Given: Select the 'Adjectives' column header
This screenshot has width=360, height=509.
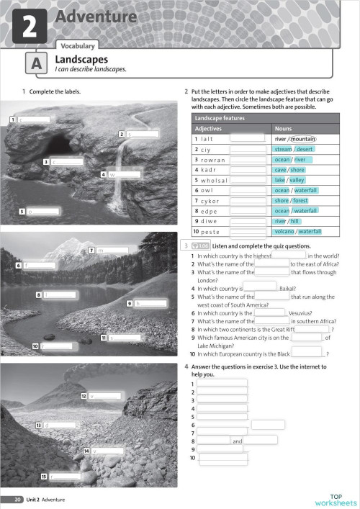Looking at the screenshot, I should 209,128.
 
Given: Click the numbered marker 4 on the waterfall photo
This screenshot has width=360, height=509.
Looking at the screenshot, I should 104,174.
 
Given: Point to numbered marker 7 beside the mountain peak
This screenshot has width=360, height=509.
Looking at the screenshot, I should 91,250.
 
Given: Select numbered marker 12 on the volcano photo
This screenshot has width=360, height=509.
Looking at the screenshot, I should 84,395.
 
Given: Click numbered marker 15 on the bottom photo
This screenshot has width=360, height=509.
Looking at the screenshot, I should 44,476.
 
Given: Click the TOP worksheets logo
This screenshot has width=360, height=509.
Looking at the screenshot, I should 335,499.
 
